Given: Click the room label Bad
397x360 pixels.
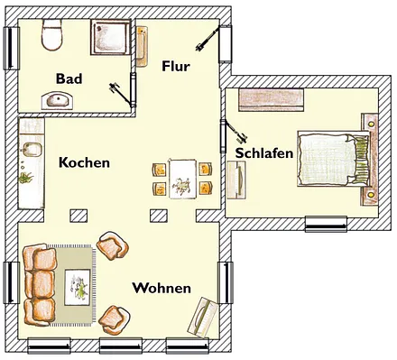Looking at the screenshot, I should point(69,78).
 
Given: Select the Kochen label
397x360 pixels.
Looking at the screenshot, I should point(84,163).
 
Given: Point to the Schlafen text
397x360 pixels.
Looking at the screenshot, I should point(263,153).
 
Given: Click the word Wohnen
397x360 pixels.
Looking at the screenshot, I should point(162,288).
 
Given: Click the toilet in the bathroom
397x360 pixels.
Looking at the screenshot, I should point(51,37).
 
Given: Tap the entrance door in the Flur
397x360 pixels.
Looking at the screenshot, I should point(207,40).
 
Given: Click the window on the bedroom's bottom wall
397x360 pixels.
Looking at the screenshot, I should point(325,223).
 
